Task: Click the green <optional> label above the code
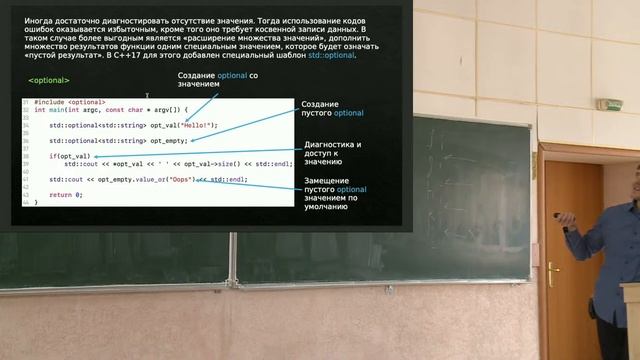point(48,80)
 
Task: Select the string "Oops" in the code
point(182,179)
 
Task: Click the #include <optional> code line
point(69,102)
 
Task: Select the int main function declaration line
point(110,110)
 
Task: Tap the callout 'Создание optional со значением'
point(218,81)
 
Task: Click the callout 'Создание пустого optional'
point(334,109)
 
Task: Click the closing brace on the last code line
point(35,202)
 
